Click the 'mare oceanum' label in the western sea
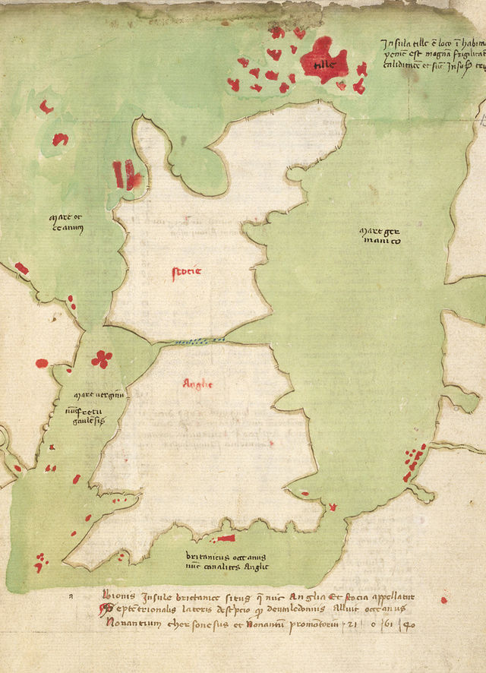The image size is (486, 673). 66,226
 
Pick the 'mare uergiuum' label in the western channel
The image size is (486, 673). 98,396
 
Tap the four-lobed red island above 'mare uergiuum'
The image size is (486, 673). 101,358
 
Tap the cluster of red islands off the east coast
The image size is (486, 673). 414,460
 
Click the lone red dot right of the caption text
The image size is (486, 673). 444,600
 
